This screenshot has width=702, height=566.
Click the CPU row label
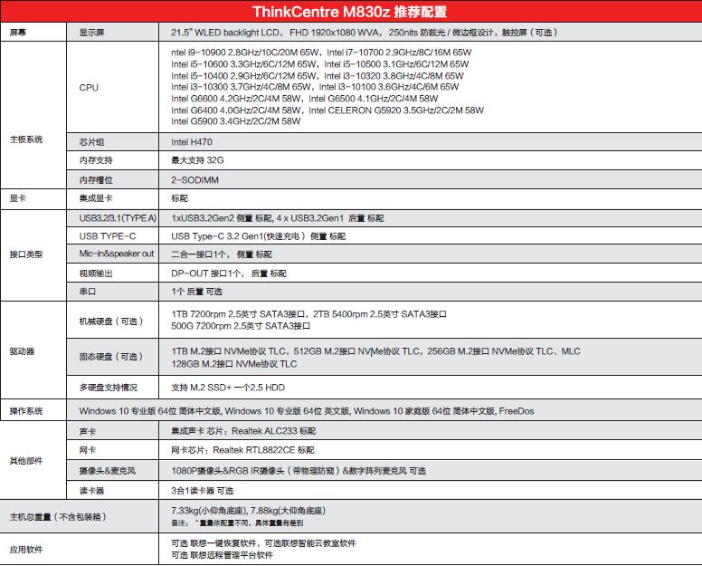pos(90,88)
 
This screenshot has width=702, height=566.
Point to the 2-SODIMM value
pos(192,179)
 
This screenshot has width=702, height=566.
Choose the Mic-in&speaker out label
pos(116,254)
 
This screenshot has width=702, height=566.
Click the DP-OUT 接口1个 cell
pos(228,273)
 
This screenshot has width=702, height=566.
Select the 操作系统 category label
pos(25,411)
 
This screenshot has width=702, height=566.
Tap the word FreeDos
pos(517,411)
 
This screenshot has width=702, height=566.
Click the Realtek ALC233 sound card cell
pos(242,432)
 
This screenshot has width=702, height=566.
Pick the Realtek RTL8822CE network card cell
pos(242,451)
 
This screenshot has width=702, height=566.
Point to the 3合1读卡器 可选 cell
pos(208,490)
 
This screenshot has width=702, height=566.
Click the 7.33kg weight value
pos(188,510)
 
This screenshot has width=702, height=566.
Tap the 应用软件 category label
pos(25,549)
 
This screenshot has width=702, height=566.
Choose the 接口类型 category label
pos(25,254)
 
